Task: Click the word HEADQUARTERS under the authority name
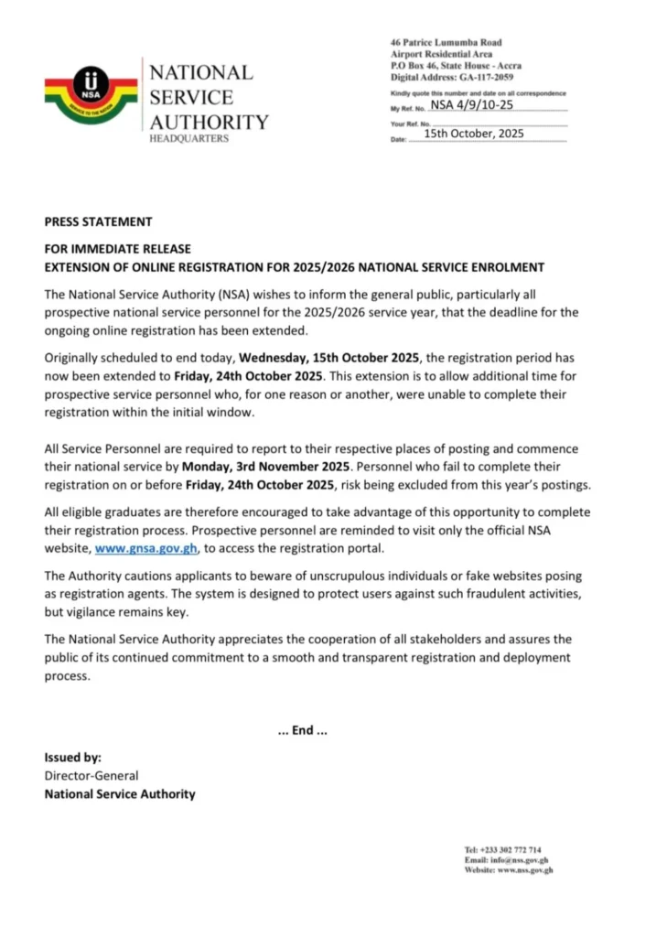coord(189,138)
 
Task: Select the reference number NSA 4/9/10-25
coord(471,106)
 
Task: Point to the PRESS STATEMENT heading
coord(98,221)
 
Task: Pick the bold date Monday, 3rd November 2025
coord(275,467)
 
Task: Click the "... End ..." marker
coord(301,731)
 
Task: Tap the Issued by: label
coord(72,758)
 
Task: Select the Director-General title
coord(90,776)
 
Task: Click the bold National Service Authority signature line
coord(120,794)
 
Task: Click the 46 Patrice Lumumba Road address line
coord(446,43)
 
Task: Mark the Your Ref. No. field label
coord(410,124)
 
